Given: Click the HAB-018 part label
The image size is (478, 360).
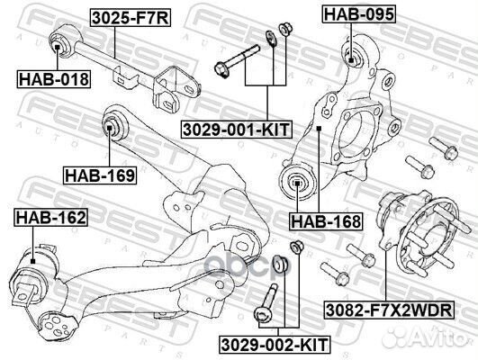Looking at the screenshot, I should coord(53,80).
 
